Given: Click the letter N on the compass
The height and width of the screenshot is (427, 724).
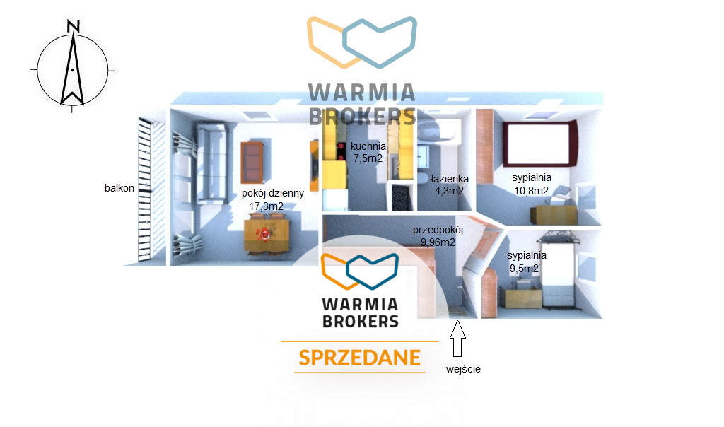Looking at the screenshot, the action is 74,26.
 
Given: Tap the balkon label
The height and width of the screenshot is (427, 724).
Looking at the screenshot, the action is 119,188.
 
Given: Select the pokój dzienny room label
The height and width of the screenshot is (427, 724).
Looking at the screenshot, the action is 273,194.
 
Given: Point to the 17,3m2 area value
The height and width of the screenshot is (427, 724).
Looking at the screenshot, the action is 267,206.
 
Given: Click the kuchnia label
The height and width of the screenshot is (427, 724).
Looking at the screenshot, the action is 368,146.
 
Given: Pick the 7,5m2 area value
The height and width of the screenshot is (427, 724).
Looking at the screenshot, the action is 368,158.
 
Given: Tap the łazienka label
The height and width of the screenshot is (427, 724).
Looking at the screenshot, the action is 450,179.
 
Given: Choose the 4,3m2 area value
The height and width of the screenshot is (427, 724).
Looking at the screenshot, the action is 449,191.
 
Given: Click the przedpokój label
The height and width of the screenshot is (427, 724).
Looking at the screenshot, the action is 438,230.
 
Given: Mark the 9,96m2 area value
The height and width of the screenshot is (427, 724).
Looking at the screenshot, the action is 438,242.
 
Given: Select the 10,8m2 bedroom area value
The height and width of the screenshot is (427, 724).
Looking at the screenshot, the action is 532,191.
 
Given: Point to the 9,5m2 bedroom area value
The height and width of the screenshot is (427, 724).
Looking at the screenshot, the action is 524,268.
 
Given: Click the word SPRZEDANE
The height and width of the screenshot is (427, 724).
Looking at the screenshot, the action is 360,358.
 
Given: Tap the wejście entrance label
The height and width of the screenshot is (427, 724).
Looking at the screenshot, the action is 463,369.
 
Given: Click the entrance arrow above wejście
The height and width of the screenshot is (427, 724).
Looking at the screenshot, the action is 457,339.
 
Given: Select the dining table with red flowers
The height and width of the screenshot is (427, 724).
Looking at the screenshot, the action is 267,235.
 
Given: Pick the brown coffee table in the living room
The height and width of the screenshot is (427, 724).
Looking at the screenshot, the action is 252,163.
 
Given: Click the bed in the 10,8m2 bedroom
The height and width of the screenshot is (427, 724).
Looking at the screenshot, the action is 539,144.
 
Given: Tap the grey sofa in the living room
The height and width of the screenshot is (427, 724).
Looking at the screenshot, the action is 212,163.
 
